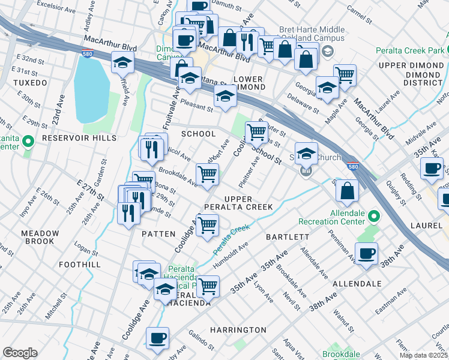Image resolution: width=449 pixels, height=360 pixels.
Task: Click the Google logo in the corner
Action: pyautogui.click(x=20, y=353)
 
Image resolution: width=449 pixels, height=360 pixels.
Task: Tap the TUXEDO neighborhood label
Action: pyautogui.click(x=29, y=82)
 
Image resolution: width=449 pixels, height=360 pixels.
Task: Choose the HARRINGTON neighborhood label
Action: pyautogui.click(x=238, y=330)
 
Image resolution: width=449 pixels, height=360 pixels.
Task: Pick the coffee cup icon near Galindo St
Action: pyautogui.click(x=157, y=338)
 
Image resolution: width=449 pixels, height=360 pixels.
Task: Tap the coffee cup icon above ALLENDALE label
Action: pyautogui.click(x=367, y=253)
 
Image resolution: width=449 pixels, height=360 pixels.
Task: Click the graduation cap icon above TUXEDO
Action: pyautogui.click(x=122, y=62)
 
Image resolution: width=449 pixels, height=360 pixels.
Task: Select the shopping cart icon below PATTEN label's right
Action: pyautogui.click(x=207, y=226)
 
